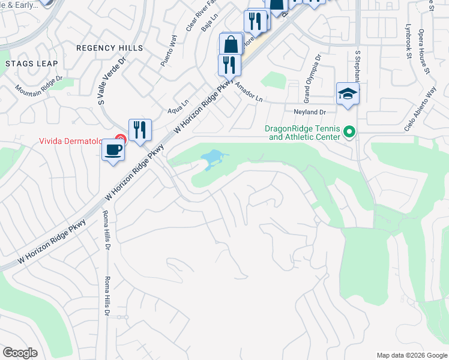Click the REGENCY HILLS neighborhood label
pyautogui.click(x=110, y=47)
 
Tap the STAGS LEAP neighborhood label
pyautogui.click(x=31, y=63)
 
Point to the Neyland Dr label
pyautogui.click(x=309, y=112)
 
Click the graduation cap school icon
pyautogui.click(x=348, y=94)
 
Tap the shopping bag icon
pyautogui.click(x=231, y=44)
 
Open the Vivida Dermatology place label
pyautogui.click(x=73, y=142)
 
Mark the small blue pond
pyautogui.click(x=213, y=160)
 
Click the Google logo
pyautogui.click(x=20, y=353)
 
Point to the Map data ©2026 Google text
pyautogui.click(x=411, y=355)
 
